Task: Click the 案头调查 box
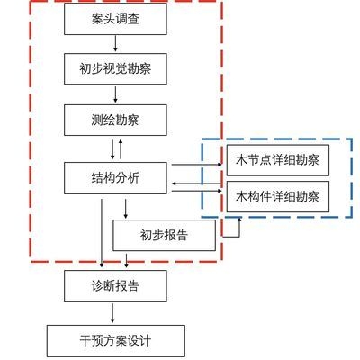click(115, 19)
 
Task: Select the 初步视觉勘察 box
click(115, 68)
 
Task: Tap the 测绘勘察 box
click(115, 119)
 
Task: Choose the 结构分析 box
click(115, 177)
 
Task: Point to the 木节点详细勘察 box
click(277, 161)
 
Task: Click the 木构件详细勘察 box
click(277, 195)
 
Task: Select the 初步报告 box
click(164, 236)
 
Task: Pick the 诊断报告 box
click(115, 286)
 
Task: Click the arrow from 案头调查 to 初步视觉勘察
click(115, 43)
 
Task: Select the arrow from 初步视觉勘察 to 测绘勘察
click(115, 94)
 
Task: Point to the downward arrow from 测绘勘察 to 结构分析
click(112, 148)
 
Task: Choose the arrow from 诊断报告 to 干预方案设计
click(112, 313)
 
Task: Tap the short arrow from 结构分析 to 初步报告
click(125, 209)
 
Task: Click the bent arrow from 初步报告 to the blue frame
click(236, 229)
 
